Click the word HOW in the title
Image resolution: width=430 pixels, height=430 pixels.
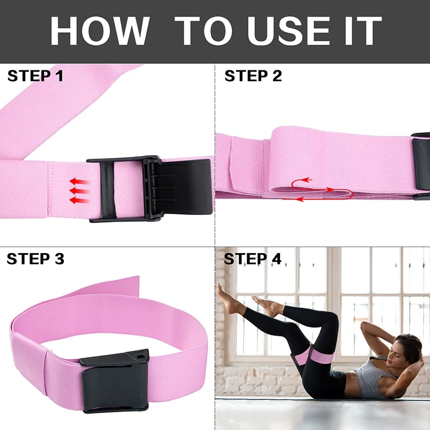tap(100, 31)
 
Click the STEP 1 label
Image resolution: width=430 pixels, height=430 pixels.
tap(35, 76)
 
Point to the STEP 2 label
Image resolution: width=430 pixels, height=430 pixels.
tap(253, 76)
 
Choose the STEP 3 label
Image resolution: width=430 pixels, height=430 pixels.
tap(35, 259)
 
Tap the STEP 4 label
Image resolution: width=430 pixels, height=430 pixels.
tap(253, 259)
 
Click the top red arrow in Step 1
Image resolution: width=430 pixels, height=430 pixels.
tap(80, 181)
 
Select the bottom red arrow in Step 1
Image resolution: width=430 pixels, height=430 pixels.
tap(80, 200)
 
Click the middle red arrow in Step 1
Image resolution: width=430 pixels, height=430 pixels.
tap(80, 191)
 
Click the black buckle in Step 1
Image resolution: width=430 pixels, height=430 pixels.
tap(149, 189)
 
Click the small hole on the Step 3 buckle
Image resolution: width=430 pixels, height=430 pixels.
tap(141, 357)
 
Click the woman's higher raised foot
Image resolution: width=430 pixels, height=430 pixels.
tap(228, 299)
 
